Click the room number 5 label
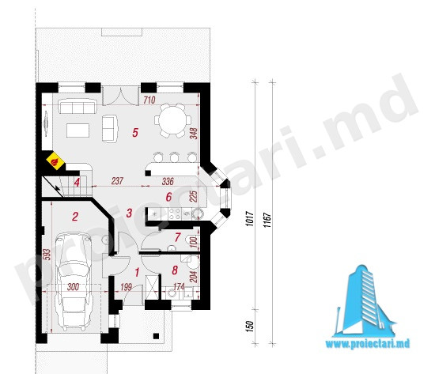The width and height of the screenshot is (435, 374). click(135, 133)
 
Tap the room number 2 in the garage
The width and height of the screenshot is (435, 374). click(75, 217)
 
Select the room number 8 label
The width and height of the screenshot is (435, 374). click(175, 270)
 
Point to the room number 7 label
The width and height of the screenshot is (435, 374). click(177, 237)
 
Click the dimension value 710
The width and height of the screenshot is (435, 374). click(149, 100)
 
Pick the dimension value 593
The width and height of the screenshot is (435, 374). click(47, 255)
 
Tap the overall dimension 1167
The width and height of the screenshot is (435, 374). click(267, 221)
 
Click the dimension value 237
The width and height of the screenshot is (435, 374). click(117, 181)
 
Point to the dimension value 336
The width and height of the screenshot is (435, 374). click(168, 181)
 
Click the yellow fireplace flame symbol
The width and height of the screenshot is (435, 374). click(55, 161)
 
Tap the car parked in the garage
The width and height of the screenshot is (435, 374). click(74, 281)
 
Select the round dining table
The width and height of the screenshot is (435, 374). click(172, 121)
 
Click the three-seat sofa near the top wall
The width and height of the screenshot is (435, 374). click(78, 107)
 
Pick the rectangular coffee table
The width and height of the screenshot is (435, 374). click(78, 130)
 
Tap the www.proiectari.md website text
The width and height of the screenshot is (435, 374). click(368, 344)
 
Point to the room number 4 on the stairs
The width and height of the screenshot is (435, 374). click(77, 183)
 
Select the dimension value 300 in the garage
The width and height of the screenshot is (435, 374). click(73, 287)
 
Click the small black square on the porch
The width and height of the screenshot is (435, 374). click(156, 336)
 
